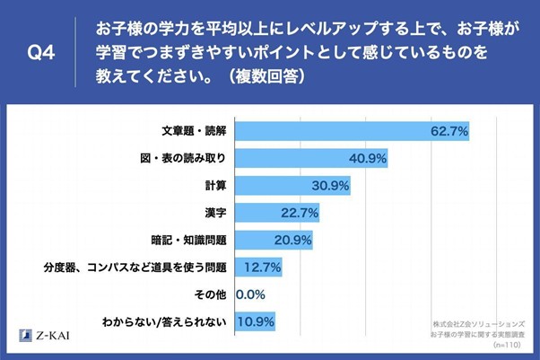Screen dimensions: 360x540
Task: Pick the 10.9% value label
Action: click(x=256, y=320)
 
